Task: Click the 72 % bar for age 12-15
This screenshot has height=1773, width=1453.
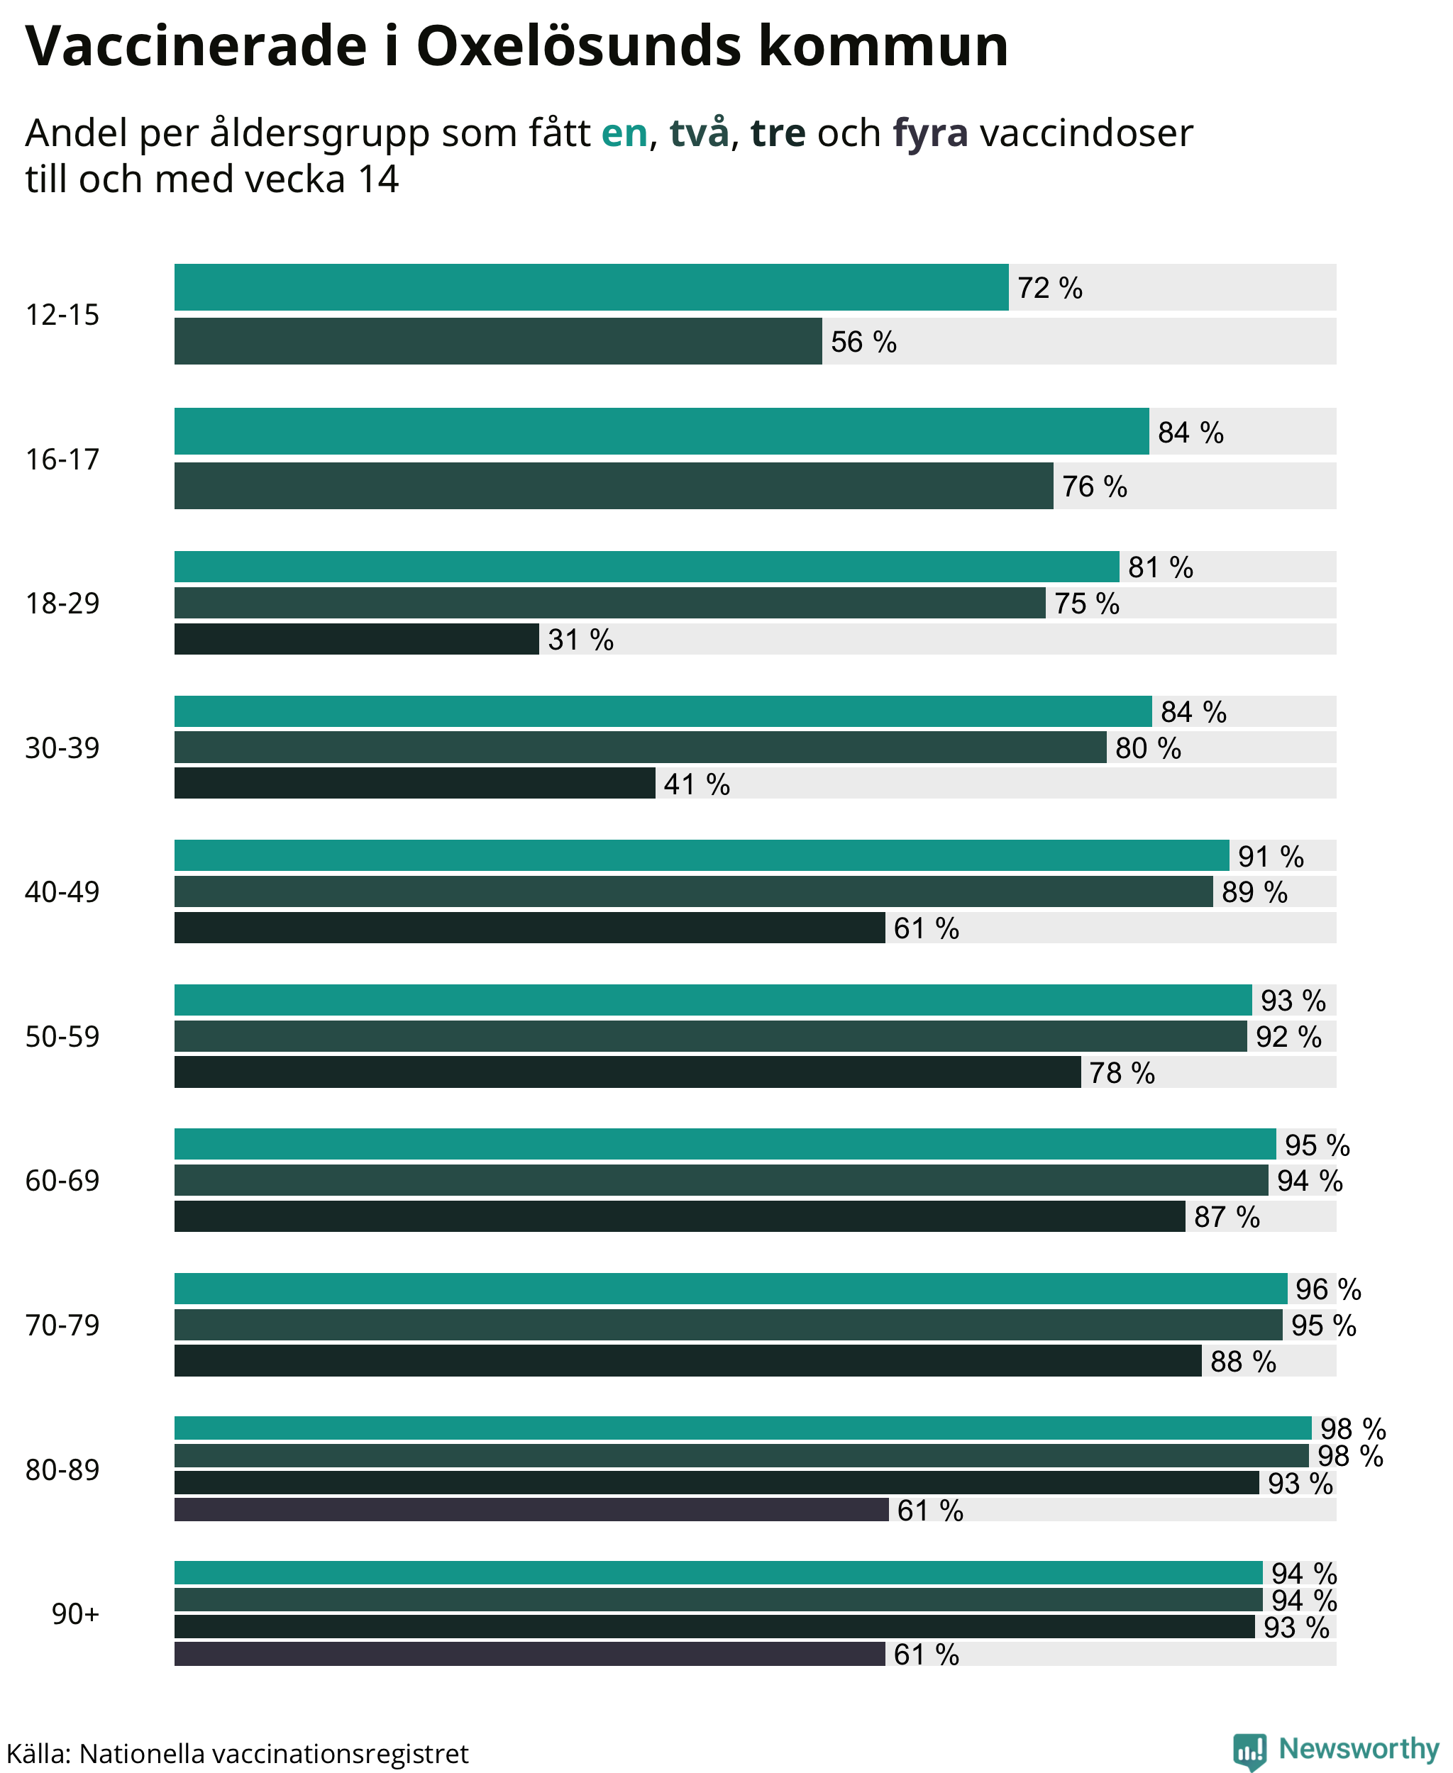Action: pos(591,287)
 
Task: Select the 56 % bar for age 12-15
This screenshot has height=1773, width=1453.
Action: pos(498,340)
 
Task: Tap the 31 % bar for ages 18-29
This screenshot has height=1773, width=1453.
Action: pos(357,638)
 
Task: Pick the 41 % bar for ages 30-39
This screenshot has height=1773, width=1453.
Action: pos(414,783)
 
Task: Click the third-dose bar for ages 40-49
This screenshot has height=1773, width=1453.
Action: pos(530,927)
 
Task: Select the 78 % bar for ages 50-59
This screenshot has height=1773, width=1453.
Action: pos(628,1072)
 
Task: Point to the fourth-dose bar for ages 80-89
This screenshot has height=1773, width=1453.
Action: pos(531,1509)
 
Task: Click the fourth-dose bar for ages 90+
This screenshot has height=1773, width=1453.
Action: pos(530,1653)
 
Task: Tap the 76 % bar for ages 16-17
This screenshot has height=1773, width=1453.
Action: pos(614,485)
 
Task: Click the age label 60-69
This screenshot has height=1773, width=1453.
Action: pos(62,1180)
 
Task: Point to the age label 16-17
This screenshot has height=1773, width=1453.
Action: pos(62,459)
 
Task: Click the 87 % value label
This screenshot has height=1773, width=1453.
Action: pos(1227,1216)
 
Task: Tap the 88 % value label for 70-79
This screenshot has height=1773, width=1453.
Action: pos(1243,1362)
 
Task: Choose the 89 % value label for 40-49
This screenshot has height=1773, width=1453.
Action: pos(1254,892)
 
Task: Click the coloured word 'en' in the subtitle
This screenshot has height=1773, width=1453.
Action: pos(624,133)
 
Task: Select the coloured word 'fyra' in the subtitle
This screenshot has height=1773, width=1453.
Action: pos(930,133)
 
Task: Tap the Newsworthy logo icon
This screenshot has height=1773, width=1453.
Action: pos(1249,1751)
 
